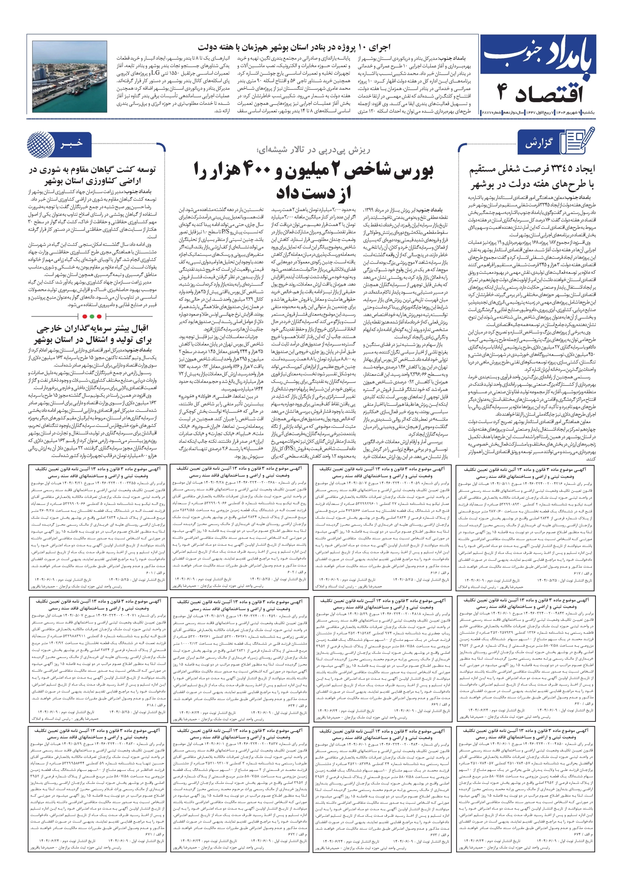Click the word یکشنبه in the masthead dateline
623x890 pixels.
[x=587, y=112]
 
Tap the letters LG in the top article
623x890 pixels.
[x=155, y=73]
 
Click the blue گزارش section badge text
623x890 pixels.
[x=539, y=144]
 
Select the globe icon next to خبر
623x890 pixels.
[x=41, y=144]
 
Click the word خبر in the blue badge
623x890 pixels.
[x=72, y=144]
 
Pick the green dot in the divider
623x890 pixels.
[x=92, y=316]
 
